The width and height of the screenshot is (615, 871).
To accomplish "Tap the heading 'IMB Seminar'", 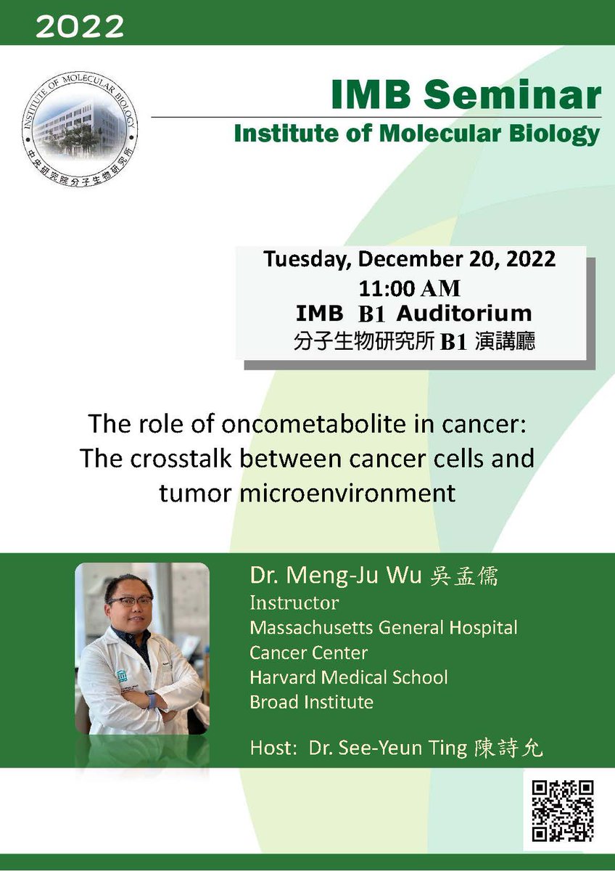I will tap(466, 95).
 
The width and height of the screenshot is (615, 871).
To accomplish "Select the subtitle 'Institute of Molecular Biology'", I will tap(416, 134).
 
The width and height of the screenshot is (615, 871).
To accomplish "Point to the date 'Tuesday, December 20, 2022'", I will tap(410, 259).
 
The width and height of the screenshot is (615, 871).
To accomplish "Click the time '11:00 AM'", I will tap(410, 287).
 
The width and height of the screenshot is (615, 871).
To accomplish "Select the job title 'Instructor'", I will tap(294, 602).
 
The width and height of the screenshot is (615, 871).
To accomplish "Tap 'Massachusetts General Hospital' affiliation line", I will tap(383, 627).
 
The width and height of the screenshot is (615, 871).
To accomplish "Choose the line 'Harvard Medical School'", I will tap(348, 677).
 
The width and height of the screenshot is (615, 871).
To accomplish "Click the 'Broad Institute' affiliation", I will tap(311, 702).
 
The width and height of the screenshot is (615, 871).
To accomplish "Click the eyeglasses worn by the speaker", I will tap(131, 601).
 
